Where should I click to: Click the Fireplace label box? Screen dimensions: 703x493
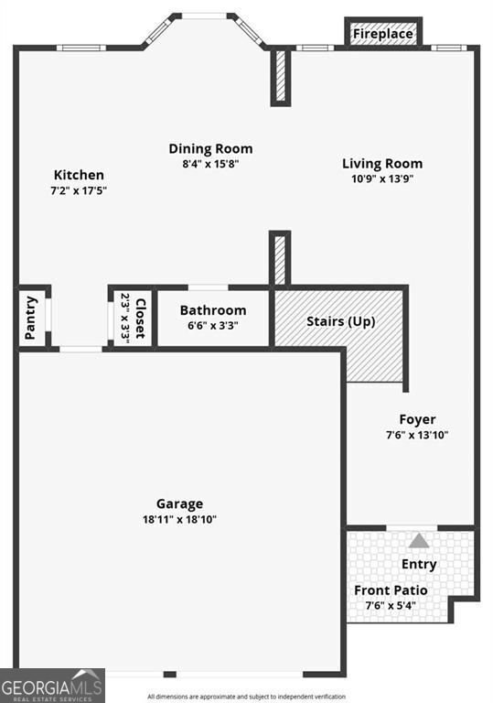point(383,34)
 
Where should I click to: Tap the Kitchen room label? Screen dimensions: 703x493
point(79,175)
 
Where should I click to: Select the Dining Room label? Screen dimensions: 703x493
point(210,148)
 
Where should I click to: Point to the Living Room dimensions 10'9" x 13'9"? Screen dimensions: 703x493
point(382,179)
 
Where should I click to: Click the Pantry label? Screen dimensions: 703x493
point(32,317)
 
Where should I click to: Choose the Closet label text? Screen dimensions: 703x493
point(141,319)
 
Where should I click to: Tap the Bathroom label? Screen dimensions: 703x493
point(212,310)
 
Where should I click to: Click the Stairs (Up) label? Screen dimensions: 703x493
point(340,321)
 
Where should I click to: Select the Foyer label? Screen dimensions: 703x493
point(417,419)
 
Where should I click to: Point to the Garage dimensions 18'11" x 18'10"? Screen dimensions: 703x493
point(179,519)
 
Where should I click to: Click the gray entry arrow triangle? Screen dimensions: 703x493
point(419,540)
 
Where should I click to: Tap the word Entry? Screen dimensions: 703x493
point(419,564)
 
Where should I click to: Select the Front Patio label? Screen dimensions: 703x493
point(391,590)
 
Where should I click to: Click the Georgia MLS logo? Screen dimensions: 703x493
point(52,685)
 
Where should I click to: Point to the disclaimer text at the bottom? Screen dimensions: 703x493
point(247,697)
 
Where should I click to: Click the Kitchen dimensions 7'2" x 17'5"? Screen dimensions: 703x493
point(79,191)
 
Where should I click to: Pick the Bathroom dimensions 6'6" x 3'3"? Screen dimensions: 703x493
point(212,326)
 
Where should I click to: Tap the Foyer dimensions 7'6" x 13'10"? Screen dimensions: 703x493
point(417,435)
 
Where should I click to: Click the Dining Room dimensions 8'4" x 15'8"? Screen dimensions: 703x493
point(210,165)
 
